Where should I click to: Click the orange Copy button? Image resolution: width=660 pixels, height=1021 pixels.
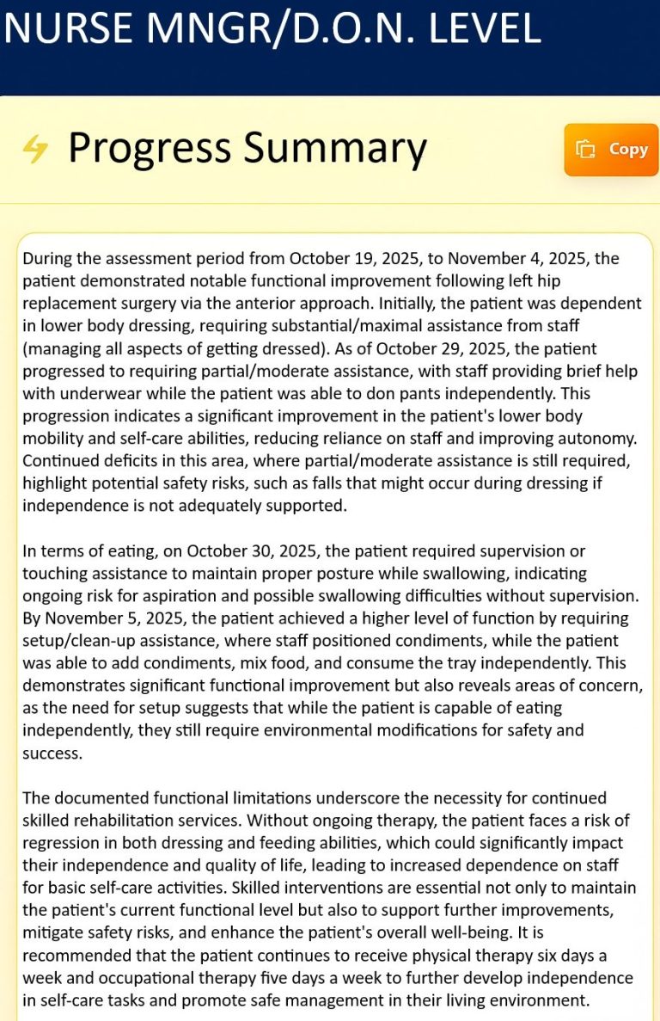tap(611, 150)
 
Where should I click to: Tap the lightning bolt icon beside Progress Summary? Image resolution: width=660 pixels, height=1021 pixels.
tap(35, 149)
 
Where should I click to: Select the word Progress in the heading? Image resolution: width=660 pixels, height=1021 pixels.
tap(150, 148)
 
